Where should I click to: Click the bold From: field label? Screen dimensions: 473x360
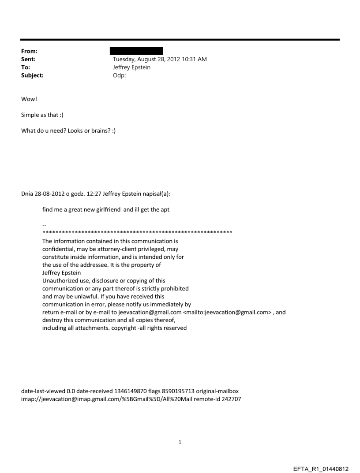click(29, 51)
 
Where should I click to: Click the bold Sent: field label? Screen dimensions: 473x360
click(28, 59)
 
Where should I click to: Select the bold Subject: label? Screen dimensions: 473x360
click(32, 75)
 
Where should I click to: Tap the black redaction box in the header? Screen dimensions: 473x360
click(136, 51)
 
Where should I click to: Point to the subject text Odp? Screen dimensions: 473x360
click(120, 75)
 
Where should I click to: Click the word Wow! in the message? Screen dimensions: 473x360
click(29, 99)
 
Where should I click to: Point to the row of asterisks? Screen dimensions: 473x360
click(137, 232)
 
